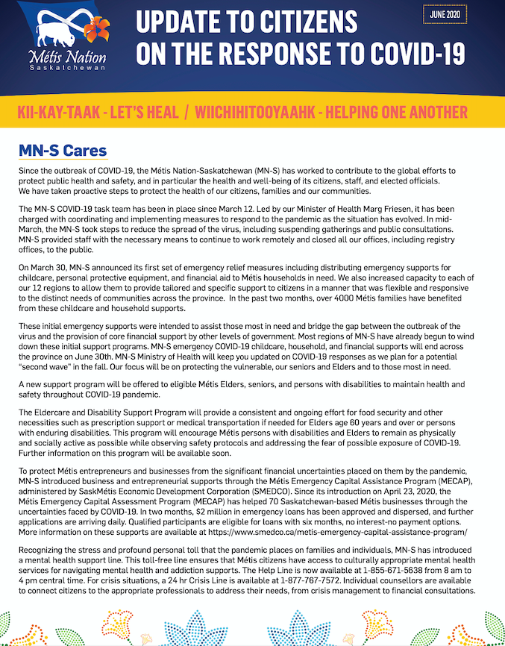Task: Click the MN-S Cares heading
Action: (63, 151)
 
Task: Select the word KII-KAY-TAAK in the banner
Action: (59, 113)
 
